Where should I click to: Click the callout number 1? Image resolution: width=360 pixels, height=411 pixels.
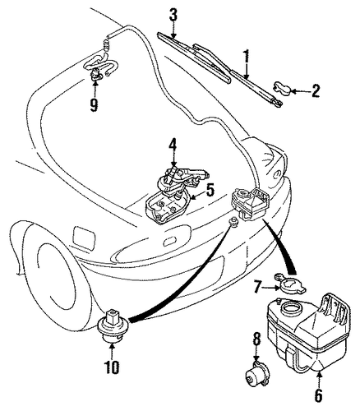[x=247, y=58]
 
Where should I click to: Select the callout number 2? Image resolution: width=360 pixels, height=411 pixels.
[x=315, y=90]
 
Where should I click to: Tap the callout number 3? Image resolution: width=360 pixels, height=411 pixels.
[x=173, y=16]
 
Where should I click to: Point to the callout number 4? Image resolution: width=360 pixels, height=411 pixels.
[x=173, y=148]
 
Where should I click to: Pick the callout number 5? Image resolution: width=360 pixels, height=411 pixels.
[x=210, y=190]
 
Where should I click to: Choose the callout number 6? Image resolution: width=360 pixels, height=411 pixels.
[x=319, y=395]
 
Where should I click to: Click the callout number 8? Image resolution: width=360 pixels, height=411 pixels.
[x=256, y=340]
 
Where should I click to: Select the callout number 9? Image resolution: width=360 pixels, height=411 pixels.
[x=95, y=105]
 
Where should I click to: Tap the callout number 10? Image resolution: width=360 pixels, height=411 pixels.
[x=112, y=367]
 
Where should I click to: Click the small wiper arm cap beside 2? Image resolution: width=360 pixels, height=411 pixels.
[x=283, y=88]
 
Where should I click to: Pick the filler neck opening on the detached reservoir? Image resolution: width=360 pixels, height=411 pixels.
[x=293, y=310]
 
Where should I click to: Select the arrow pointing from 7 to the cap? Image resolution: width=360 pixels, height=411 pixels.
[x=271, y=288]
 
